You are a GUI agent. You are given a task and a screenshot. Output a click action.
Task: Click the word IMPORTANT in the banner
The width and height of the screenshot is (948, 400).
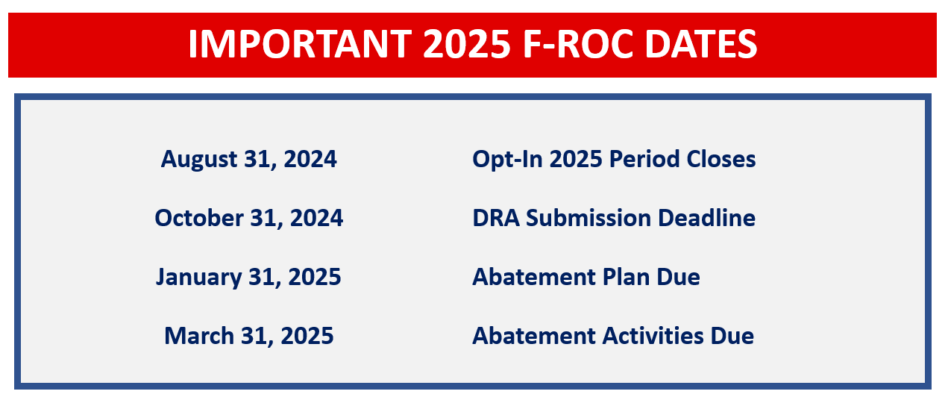[300, 43]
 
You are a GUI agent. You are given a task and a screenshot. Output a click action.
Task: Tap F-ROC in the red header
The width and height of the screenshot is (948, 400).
[578, 43]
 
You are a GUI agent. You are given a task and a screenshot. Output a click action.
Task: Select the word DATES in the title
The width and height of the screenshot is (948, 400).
[701, 43]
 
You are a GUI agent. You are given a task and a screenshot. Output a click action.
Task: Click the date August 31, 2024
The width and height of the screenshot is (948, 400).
[249, 160]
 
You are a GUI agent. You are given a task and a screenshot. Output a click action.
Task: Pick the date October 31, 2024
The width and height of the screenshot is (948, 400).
[249, 218]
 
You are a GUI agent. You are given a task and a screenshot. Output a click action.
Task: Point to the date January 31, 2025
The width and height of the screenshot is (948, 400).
[248, 278]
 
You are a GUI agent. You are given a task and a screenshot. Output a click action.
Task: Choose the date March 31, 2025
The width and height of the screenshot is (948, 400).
[249, 336]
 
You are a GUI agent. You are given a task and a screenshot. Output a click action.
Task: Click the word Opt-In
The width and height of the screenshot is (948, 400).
[507, 160]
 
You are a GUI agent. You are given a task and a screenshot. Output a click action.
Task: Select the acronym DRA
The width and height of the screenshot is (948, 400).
[496, 218]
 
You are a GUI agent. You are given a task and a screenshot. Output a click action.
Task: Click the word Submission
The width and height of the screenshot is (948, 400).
[588, 218]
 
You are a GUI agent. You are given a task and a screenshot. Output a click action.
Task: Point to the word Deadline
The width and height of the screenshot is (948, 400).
[707, 218]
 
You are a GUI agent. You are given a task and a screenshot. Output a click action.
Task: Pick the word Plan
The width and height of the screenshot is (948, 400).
[626, 277]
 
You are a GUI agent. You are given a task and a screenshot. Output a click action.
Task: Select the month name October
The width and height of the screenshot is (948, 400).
[199, 218]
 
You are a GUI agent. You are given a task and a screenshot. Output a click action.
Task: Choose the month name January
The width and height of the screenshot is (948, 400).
[199, 278]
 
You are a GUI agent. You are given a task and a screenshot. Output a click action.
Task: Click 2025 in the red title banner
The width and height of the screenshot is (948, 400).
[467, 43]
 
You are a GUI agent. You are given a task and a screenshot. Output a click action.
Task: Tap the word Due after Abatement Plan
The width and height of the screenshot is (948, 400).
[678, 277]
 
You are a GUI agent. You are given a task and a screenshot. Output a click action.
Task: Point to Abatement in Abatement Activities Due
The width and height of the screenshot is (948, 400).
[534, 336]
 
